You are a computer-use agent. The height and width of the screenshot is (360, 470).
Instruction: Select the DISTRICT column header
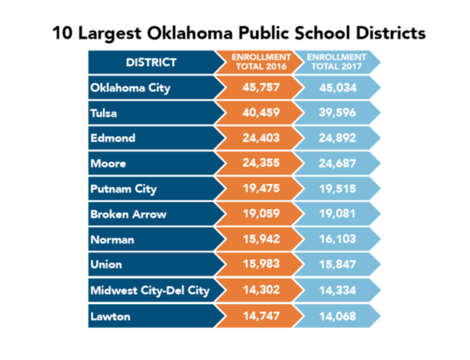tap(151, 62)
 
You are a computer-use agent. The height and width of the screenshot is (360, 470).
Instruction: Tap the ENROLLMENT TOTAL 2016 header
tap(261, 62)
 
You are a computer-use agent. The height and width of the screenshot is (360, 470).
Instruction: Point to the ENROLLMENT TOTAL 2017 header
tap(337, 62)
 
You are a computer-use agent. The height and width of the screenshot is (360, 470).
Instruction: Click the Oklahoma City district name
tap(130, 88)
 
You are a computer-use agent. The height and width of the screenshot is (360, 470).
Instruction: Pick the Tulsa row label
tap(103, 113)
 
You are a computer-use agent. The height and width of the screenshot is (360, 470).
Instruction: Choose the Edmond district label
tap(113, 138)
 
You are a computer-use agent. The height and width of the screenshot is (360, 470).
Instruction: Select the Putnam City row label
tap(124, 189)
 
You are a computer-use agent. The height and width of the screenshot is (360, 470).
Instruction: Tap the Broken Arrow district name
tap(128, 214)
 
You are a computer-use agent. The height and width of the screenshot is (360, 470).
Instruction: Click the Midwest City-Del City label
tap(150, 290)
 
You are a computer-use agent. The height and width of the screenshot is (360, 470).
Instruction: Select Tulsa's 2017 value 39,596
tap(337, 113)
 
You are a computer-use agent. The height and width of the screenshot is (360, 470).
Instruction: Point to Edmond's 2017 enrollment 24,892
tap(337, 138)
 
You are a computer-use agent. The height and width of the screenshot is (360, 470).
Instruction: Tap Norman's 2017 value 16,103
tap(337, 240)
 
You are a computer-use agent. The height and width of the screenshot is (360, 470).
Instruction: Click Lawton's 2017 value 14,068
tap(337, 316)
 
